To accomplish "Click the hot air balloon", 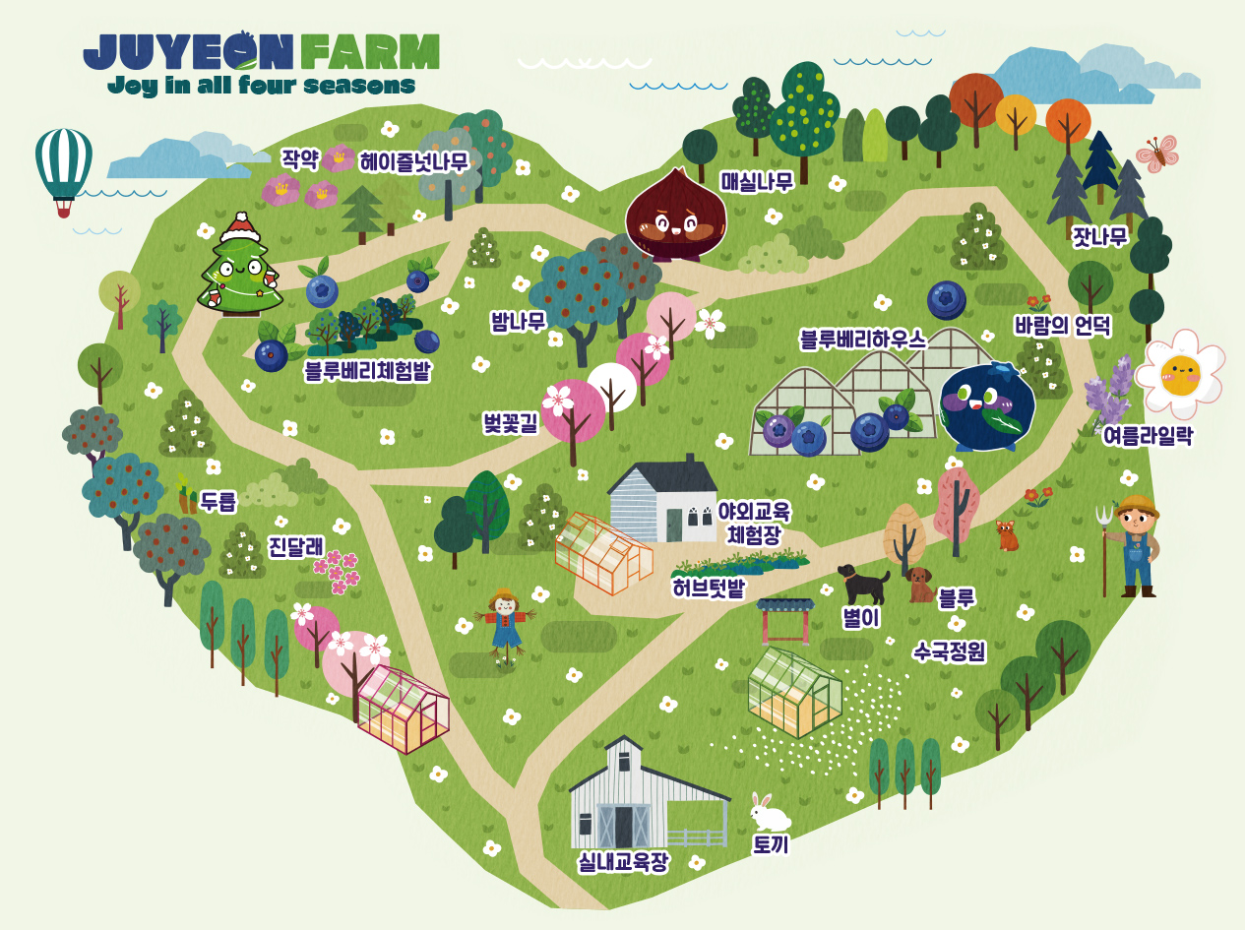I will pyautogui.click(x=64, y=167).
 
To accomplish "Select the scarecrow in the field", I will pyautogui.click(x=505, y=625).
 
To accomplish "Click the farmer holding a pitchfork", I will pyautogui.click(x=1135, y=545).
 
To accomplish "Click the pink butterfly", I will pyautogui.click(x=1158, y=154).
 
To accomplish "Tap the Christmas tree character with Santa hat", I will pyautogui.click(x=239, y=266).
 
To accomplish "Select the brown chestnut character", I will pyautogui.click(x=675, y=216).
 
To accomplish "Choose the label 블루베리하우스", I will pyautogui.click(x=862, y=340).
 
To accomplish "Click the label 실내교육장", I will pyautogui.click(x=623, y=863).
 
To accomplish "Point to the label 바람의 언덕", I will pyautogui.click(x=1062, y=326).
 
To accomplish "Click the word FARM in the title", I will pyautogui.click(x=370, y=51).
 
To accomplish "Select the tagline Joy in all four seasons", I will pyautogui.click(x=261, y=86).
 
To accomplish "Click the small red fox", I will pyautogui.click(x=1007, y=535).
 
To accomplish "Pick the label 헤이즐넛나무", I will pyautogui.click(x=413, y=161).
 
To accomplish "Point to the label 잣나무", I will pyautogui.click(x=1099, y=237).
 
